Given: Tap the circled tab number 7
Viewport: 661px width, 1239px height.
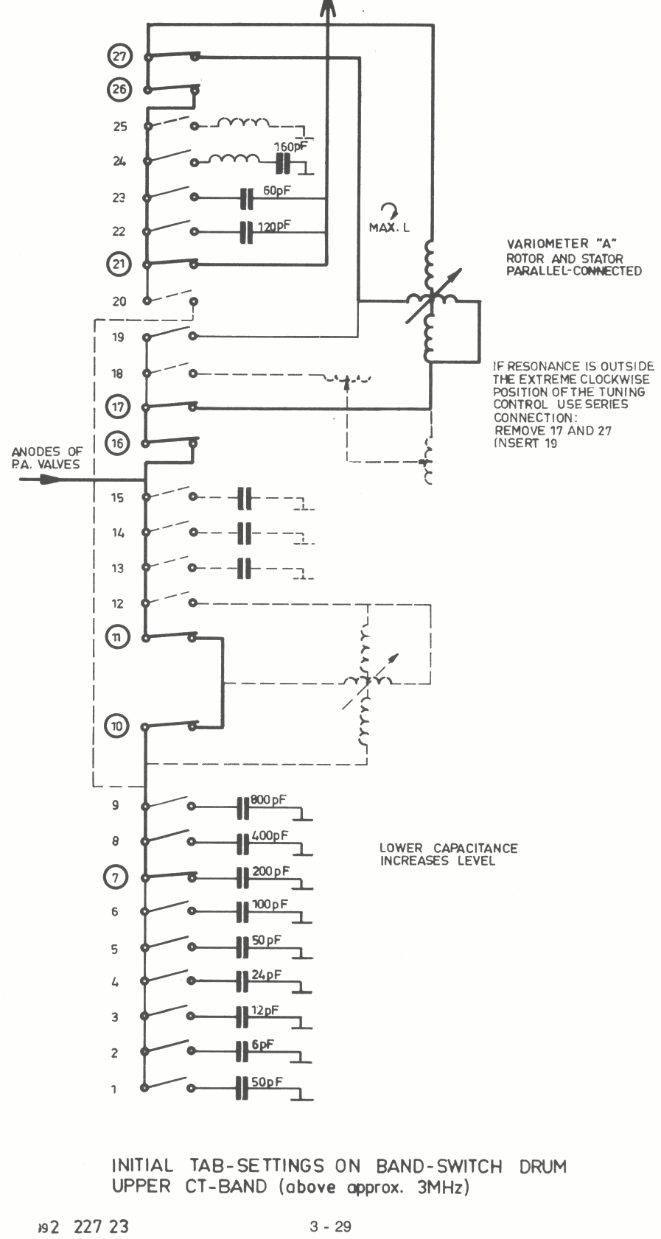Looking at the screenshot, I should click(115, 877).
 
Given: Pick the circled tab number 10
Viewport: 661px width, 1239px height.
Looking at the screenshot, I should click(118, 726).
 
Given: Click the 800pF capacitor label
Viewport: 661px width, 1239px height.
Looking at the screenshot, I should click(268, 799).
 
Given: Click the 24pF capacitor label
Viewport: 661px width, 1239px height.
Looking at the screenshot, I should click(266, 974).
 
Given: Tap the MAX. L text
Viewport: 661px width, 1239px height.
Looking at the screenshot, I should click(389, 228).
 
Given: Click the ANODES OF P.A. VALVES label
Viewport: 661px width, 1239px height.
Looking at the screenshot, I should click(47, 457).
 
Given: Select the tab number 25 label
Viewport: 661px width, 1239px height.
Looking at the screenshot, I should click(119, 127).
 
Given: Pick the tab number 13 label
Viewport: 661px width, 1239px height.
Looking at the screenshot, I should click(118, 568).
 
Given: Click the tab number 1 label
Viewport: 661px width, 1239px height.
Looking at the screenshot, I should click(114, 1089).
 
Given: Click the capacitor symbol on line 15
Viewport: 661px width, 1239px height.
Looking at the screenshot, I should click(245, 498).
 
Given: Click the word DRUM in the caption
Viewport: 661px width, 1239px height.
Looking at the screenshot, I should click(541, 1166).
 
